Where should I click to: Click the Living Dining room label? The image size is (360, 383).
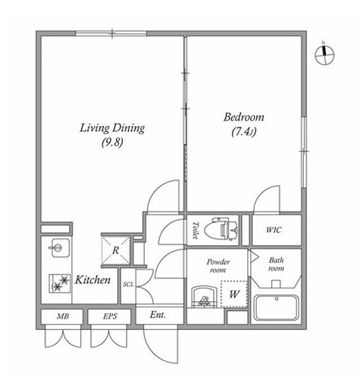tap(112, 128)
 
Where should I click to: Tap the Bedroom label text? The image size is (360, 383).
tap(244, 117)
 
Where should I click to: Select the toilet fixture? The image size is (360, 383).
tap(221, 230)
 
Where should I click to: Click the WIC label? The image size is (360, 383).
tap(274, 230)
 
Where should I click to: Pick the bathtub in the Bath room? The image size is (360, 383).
tap(276, 307)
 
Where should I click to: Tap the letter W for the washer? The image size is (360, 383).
tap(234, 294)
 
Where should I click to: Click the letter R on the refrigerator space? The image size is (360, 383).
tap(115, 250)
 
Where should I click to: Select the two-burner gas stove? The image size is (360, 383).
tap(60, 284)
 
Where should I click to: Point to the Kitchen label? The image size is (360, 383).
tap(92, 280)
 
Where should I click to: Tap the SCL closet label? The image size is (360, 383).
tap(128, 284)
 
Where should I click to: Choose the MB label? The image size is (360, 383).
tap(63, 316)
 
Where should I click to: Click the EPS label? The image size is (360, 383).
tap(110, 316)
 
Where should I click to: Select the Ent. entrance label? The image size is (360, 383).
tap(158, 315)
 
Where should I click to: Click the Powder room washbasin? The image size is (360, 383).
tap(204, 297)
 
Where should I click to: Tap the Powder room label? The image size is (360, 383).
tap(218, 265)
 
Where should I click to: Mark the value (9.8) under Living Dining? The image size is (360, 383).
tap(113, 143)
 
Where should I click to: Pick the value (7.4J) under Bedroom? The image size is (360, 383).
tap(244, 132)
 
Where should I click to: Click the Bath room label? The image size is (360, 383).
tap(276, 264)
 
